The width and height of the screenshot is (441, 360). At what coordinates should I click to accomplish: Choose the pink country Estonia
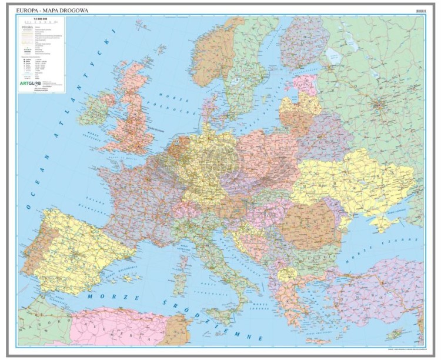303,82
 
